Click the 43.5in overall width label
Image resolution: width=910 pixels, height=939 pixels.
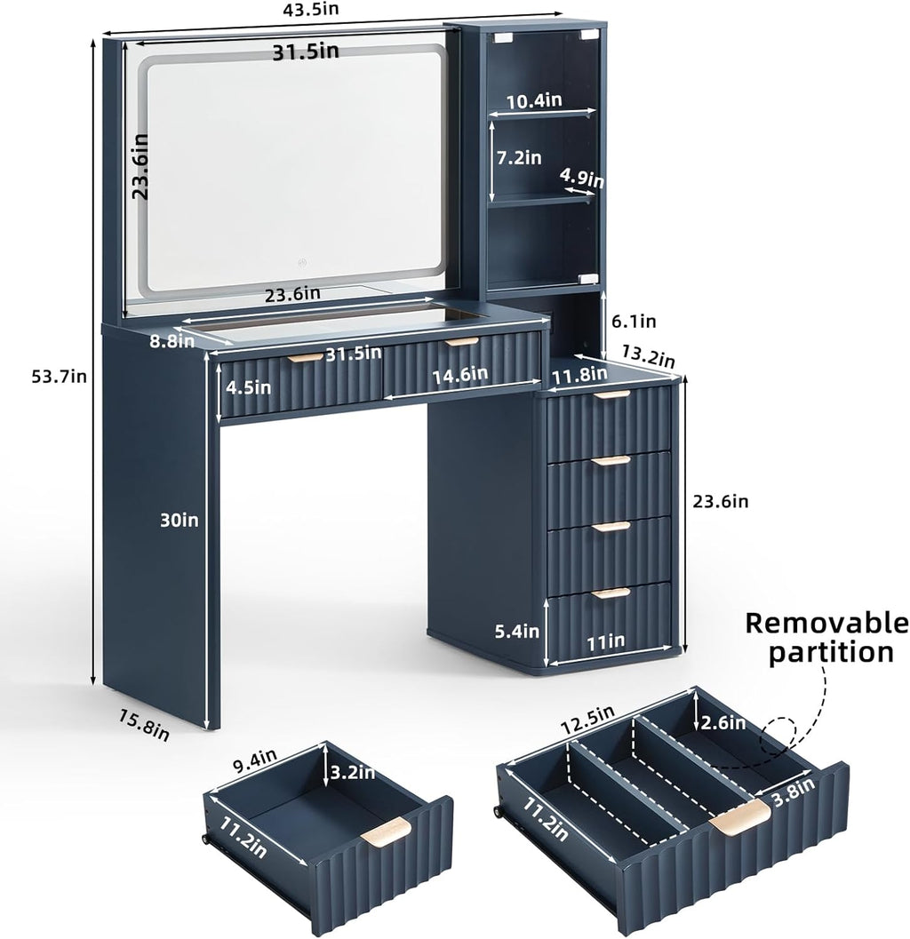(x=310, y=9)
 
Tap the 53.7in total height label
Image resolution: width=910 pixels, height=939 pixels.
(x=59, y=377)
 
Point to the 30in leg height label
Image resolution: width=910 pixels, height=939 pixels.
(x=179, y=520)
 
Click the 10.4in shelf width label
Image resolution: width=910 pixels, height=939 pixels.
(x=534, y=100)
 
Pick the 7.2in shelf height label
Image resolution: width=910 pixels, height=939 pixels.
(x=519, y=157)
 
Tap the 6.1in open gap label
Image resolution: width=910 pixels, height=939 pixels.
(x=634, y=322)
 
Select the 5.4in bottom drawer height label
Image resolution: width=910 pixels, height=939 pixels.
(x=516, y=631)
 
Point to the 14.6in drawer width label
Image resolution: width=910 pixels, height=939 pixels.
(x=460, y=376)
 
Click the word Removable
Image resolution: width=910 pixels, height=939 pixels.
(x=827, y=623)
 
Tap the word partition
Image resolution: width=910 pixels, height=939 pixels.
(x=831, y=652)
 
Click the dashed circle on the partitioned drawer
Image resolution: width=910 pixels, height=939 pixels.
(x=778, y=736)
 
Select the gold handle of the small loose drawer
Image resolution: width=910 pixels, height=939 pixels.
(x=386, y=832)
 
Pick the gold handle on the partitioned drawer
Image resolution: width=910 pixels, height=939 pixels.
(x=739, y=816)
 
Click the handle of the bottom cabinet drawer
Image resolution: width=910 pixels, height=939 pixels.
(x=611, y=593)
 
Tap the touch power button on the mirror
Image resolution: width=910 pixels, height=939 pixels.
(x=302, y=262)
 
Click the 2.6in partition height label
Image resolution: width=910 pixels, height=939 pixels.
(x=723, y=723)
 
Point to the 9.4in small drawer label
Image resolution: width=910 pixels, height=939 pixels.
(x=254, y=761)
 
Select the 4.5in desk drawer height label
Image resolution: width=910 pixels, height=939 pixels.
(x=248, y=387)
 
